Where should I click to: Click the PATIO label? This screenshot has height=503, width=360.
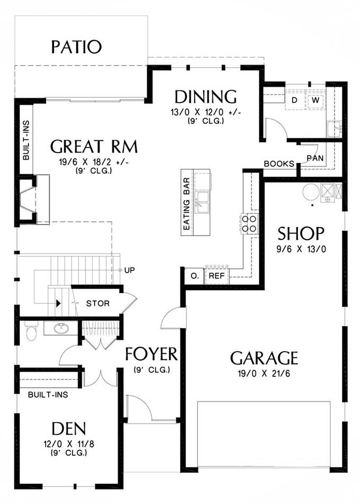[x=76, y=47]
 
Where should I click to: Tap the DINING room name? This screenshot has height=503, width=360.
[x=205, y=97]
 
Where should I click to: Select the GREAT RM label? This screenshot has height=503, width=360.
[x=94, y=147]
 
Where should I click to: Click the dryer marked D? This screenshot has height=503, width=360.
[x=294, y=100]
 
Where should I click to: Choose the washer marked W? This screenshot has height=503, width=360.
[x=316, y=100]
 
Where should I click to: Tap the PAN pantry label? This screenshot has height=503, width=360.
[x=315, y=158]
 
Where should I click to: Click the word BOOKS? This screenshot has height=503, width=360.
[x=279, y=164]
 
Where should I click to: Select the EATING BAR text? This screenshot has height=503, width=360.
[x=186, y=204]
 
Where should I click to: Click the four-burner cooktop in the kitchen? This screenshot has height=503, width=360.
[x=249, y=223]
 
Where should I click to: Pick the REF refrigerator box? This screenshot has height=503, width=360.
[x=217, y=275]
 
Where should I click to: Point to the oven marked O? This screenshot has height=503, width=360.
[x=195, y=275]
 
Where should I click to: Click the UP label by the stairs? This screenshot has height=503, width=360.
[x=129, y=270]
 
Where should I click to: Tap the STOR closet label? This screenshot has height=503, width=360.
[x=97, y=303]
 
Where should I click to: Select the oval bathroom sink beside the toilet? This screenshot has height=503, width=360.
[x=61, y=328]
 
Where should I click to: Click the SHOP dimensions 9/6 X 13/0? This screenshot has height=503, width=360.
[x=301, y=249]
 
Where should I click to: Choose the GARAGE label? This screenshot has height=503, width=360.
[x=264, y=358]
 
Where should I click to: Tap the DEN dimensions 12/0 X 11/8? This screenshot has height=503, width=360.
[x=69, y=444]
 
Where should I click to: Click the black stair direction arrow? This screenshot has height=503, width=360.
[x=58, y=303]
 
